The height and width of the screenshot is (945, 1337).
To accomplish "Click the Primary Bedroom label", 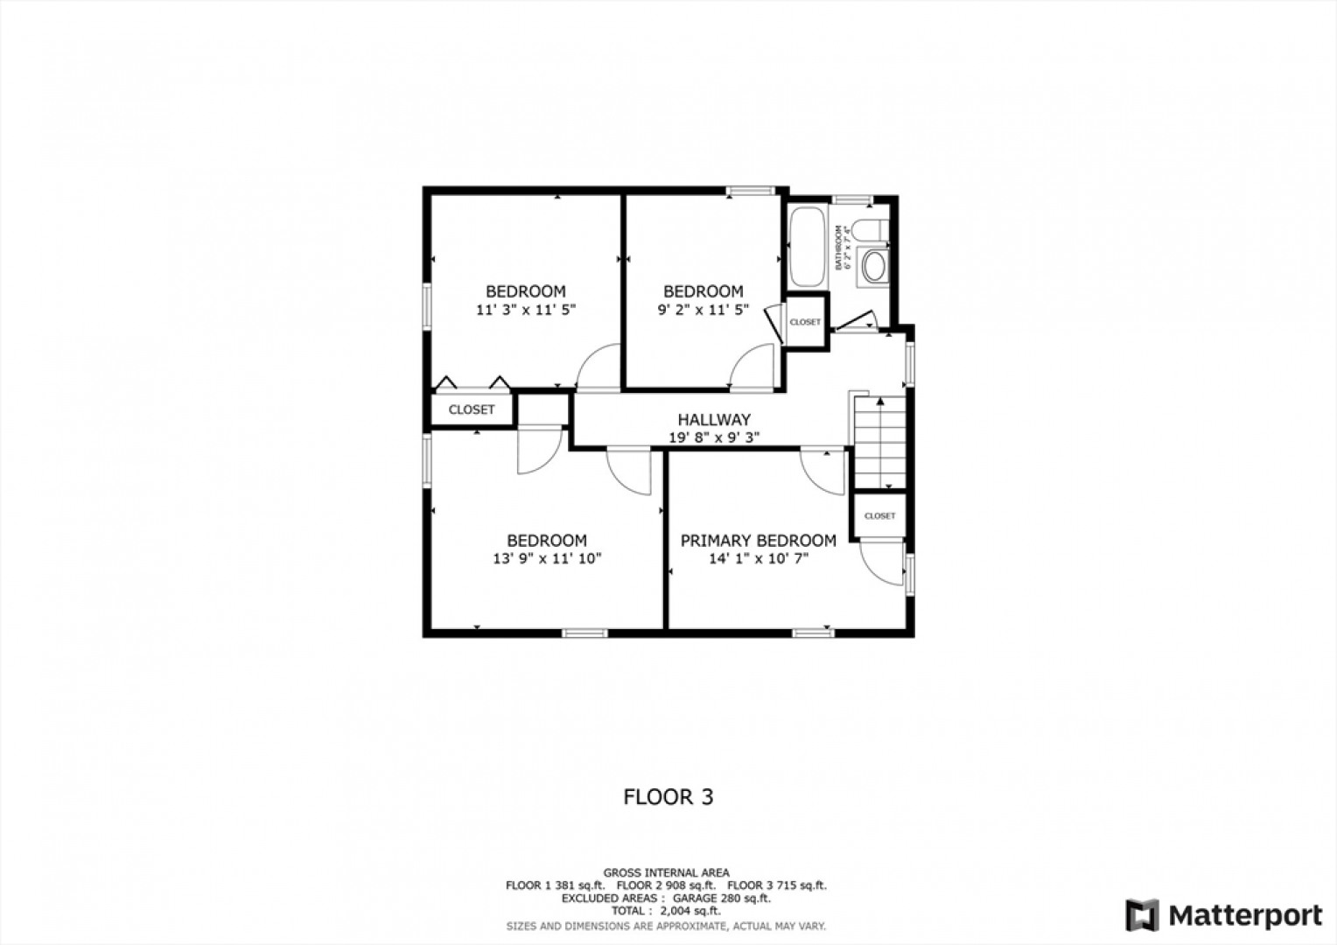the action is click(758, 541).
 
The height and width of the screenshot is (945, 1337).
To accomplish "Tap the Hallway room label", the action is click(714, 420).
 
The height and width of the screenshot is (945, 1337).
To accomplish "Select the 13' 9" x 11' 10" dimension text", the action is click(547, 559).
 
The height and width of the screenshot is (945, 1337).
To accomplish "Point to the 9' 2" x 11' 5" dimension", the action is click(703, 310).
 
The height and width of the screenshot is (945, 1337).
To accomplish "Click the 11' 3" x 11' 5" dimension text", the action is click(526, 310).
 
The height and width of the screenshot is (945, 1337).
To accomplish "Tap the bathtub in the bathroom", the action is click(808, 247).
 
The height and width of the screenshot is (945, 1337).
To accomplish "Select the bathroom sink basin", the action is click(874, 266).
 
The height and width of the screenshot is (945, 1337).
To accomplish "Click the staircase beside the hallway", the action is click(879, 443).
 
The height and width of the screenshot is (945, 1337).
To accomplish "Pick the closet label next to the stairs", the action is click(879, 515).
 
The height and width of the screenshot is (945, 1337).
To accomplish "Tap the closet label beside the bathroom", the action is click(805, 322).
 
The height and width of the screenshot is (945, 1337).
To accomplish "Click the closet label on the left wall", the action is click(472, 409).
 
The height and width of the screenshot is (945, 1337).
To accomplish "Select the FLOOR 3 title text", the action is click(668, 797).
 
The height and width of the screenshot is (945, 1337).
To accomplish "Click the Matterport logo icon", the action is click(1143, 915).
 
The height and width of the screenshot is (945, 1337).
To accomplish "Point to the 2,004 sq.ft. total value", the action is click(690, 911).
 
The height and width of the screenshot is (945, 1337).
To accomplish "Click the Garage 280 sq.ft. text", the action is click(722, 898).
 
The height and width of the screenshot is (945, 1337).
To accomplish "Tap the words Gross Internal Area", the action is click(667, 872).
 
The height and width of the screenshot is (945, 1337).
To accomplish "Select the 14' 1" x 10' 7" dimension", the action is click(759, 559).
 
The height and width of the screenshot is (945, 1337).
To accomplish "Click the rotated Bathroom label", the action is click(838, 247).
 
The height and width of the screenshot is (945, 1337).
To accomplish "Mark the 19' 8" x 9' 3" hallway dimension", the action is click(714, 437).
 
